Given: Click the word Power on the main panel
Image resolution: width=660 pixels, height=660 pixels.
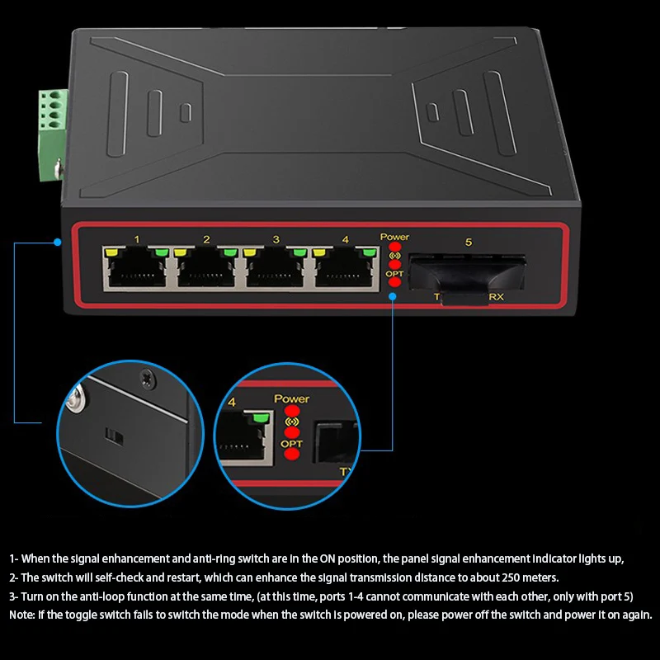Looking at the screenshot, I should pyautogui.click(x=394, y=238).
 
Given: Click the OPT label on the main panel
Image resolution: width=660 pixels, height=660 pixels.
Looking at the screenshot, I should pyautogui.click(x=394, y=273).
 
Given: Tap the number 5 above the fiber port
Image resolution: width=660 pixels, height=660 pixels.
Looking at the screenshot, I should pyautogui.click(x=469, y=243).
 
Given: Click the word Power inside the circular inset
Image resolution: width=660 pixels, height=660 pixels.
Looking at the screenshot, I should pyautogui.click(x=291, y=399).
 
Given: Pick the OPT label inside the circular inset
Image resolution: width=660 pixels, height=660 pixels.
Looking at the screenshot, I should pyautogui.click(x=291, y=444).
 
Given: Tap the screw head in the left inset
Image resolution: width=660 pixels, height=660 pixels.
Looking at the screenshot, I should pyautogui.click(x=147, y=378).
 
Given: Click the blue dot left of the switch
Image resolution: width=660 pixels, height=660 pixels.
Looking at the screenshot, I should pyautogui.click(x=58, y=243).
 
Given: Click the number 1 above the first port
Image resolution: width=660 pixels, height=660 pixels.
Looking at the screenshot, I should pyautogui.click(x=137, y=240).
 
